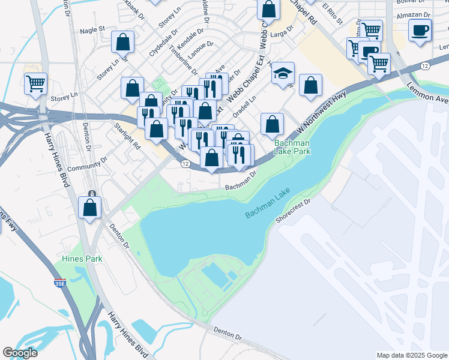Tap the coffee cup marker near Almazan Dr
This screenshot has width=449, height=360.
[420, 29]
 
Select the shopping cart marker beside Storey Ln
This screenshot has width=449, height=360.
[35, 83]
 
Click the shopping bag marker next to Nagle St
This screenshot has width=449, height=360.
[122, 42]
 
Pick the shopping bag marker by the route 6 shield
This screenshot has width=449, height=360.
[90, 208]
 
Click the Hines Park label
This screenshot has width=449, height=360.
[82, 259]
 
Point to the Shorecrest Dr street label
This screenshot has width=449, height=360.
[293, 211]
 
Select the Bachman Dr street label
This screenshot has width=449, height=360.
[241, 181]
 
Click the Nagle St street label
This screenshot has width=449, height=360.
[92, 29]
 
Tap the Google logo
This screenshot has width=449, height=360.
[20, 353]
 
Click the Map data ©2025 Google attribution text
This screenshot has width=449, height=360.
[411, 355]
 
